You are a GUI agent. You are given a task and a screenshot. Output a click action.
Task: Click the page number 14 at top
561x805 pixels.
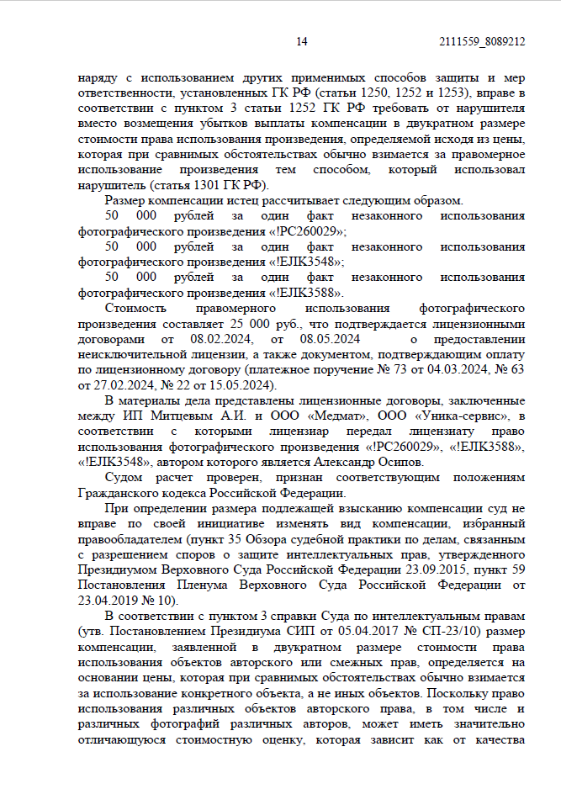point(303,41)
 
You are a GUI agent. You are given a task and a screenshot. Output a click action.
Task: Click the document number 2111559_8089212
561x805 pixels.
point(482,41)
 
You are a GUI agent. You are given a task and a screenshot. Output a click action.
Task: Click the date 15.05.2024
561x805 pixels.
point(241,385)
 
